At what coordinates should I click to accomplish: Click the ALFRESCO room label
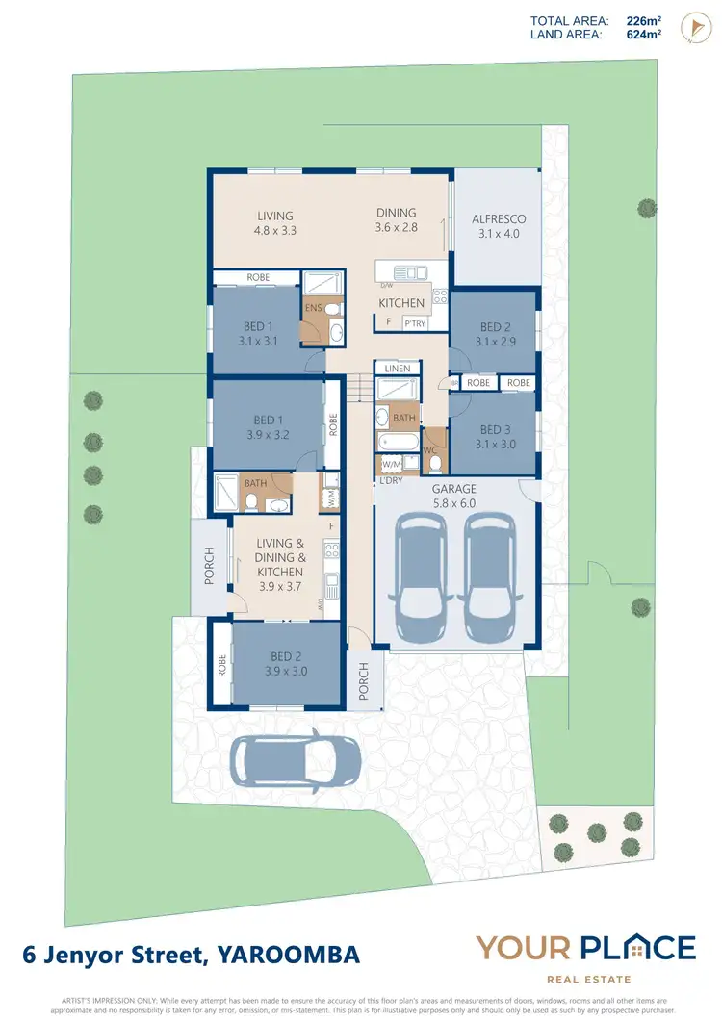(x=499, y=225)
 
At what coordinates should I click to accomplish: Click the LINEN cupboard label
(x=398, y=369)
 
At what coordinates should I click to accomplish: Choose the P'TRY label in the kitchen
(x=415, y=323)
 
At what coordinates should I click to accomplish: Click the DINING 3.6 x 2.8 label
(x=397, y=219)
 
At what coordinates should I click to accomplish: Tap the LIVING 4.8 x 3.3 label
(x=274, y=223)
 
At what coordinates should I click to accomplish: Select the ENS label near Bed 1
(x=313, y=308)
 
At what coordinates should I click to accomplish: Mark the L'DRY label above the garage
(x=391, y=480)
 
